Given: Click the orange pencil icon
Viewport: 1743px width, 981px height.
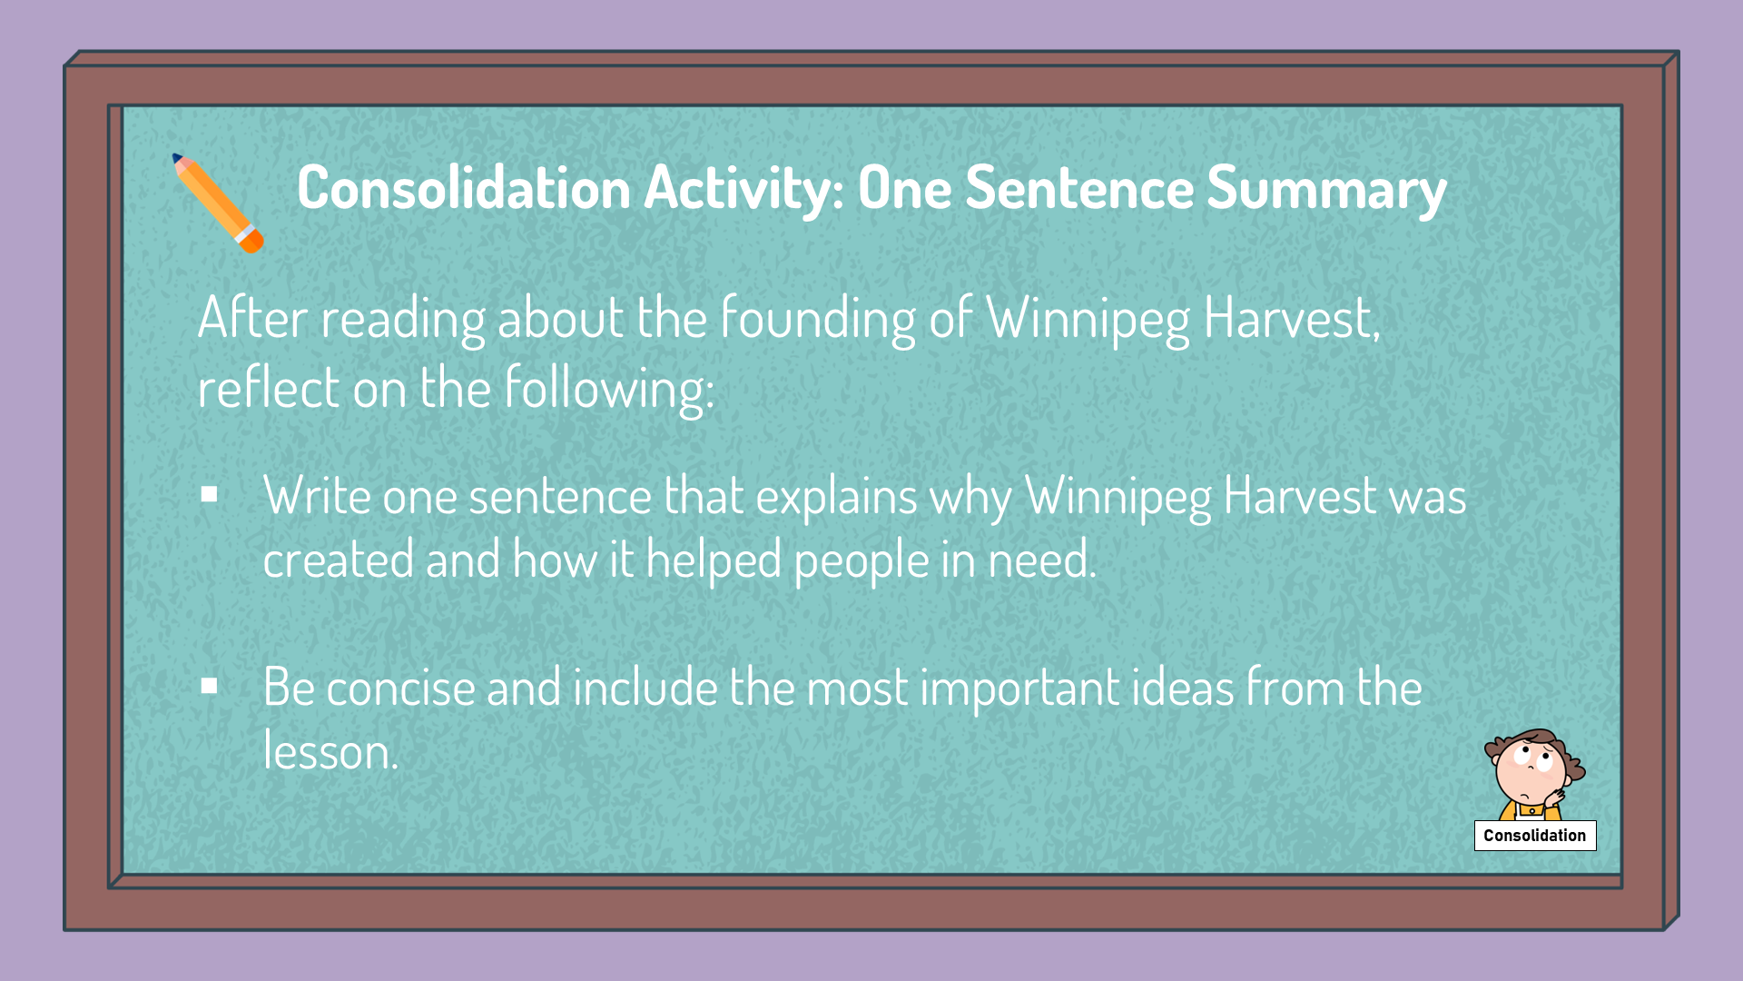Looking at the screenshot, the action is point(218,203).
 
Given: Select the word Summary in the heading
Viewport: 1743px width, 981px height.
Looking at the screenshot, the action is point(1326,189).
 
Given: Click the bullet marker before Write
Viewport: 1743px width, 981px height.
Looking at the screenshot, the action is point(210,495).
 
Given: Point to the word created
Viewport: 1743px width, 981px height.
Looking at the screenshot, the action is point(338,559).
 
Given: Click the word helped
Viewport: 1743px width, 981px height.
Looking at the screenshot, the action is point(714,560).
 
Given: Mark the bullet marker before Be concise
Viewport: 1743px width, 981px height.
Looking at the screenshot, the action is point(210,686).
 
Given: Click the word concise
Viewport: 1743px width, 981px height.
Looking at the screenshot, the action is point(400,688).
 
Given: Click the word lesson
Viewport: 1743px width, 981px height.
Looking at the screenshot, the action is point(330,751).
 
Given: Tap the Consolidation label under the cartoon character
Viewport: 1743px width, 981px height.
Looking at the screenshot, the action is point(1535,836).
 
